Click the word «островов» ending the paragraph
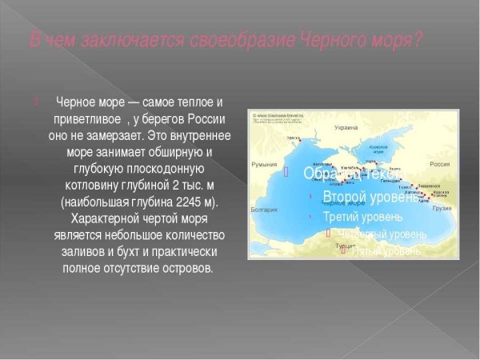(186, 268)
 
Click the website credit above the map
(279, 115)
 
